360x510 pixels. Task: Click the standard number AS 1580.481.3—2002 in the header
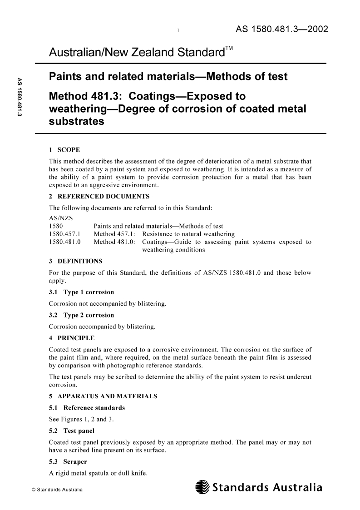click(x=281, y=30)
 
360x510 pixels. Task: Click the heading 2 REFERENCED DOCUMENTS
click(x=99, y=197)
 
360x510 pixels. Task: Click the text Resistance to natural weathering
click(x=188, y=234)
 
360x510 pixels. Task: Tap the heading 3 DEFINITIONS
click(x=75, y=261)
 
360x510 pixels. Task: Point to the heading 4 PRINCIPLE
click(x=72, y=338)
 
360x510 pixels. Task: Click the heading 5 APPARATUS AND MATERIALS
click(x=103, y=396)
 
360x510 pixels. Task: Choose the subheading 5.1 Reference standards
click(x=87, y=408)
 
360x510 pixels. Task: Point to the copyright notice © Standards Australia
click(x=50, y=490)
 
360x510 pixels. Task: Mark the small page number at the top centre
click(x=179, y=31)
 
